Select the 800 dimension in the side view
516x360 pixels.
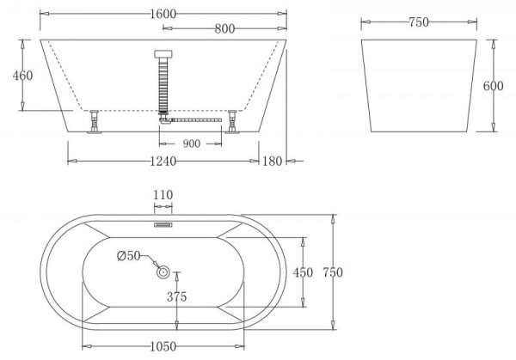point(225,27)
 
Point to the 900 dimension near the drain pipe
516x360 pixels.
point(191,143)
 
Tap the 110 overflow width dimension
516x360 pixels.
point(163,195)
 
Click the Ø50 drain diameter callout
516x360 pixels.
point(127,255)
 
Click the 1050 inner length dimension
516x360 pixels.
point(161,346)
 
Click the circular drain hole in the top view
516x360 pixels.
point(163,272)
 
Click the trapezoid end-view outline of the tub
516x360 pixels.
point(418,86)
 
